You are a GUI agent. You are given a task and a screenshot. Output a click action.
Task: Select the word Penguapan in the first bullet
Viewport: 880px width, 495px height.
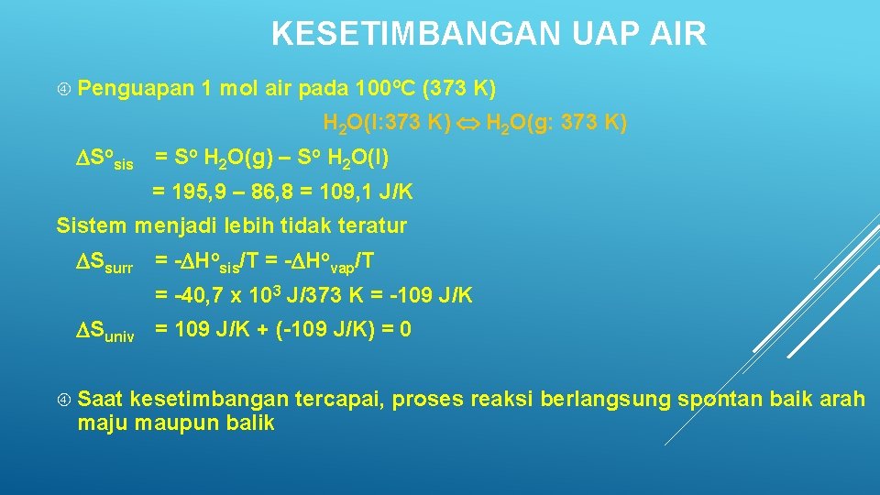point(137,89)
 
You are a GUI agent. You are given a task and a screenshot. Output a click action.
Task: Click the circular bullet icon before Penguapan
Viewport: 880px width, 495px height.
point(63,90)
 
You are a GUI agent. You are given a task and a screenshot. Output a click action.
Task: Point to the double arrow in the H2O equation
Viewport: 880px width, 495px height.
point(468,123)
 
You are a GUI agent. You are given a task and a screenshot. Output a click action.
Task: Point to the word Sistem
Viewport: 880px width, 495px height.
point(92,225)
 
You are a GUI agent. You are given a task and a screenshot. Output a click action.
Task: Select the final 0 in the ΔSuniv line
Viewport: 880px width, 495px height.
point(405,329)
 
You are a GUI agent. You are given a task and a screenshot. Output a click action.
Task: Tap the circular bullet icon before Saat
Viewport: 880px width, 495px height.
point(63,401)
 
